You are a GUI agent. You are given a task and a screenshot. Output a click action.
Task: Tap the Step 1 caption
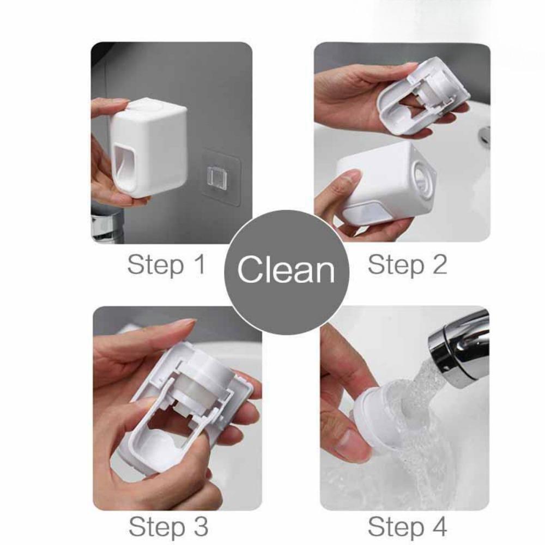[166, 265]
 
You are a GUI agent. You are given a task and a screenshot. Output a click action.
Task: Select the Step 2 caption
[407, 265]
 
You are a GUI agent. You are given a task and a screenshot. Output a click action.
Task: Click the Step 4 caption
[407, 527]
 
